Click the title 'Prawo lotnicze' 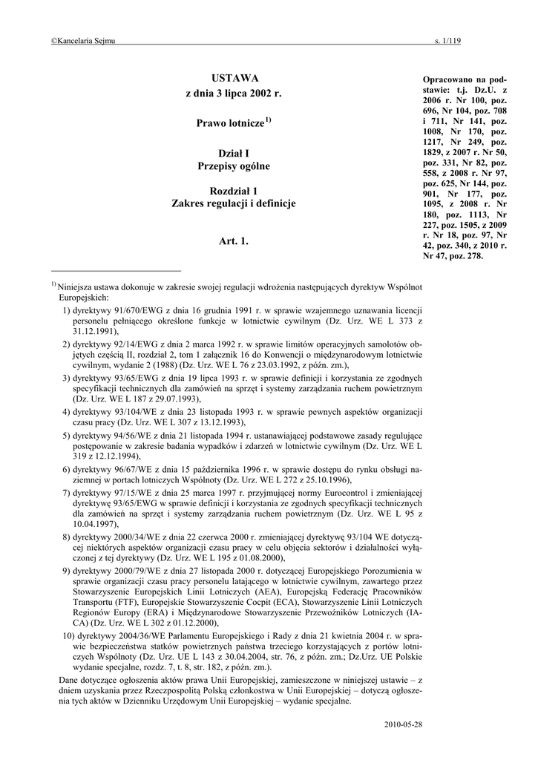(x=229, y=122)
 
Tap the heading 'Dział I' (x=233, y=152)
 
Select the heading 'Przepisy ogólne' (x=233, y=166)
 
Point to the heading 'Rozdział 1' (x=233, y=191)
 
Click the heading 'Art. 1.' (x=233, y=241)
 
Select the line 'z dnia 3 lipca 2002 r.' (x=233, y=96)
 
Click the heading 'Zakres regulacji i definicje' (x=233, y=203)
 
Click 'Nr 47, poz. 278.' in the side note (x=453, y=256)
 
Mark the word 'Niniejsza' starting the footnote (x=76, y=285)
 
